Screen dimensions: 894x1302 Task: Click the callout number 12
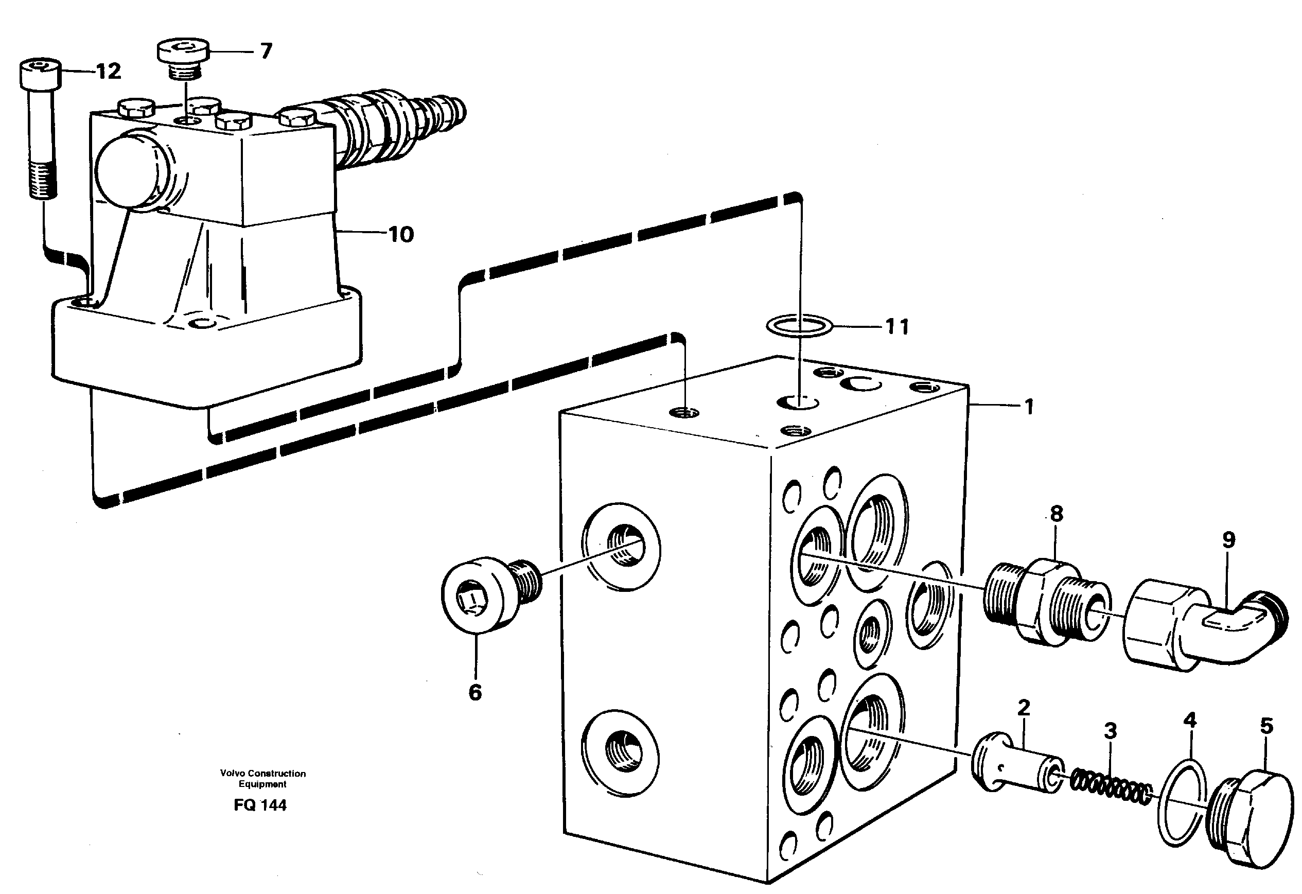[x=108, y=72]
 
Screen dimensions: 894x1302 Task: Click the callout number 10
[x=400, y=235]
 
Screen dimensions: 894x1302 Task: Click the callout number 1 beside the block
[x=1029, y=407]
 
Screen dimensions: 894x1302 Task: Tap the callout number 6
[x=475, y=693]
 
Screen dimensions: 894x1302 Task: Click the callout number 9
[x=1228, y=540]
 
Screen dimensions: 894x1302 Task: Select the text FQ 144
[x=260, y=805]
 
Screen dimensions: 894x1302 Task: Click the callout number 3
[x=1110, y=731]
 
